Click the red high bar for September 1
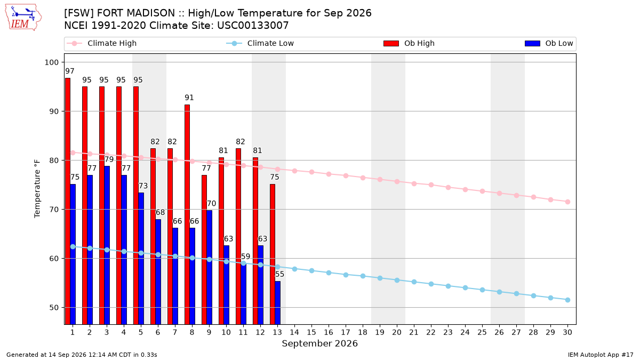(68, 201)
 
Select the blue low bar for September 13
(278, 303)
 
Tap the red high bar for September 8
(187, 214)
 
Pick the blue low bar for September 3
(107, 245)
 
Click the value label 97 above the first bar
(70, 71)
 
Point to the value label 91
(189, 98)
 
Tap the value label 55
(279, 274)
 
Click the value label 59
(245, 257)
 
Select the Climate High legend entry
(102, 43)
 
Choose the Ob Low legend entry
(549, 43)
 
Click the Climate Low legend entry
(260, 43)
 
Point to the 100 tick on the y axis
(51, 62)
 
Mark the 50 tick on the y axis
(54, 308)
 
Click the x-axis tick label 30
(567, 332)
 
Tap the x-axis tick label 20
(397, 332)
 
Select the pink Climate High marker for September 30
(567, 202)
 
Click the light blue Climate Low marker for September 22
(431, 284)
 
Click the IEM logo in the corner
(23, 18)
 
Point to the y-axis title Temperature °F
(37, 189)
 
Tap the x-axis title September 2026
(319, 343)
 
